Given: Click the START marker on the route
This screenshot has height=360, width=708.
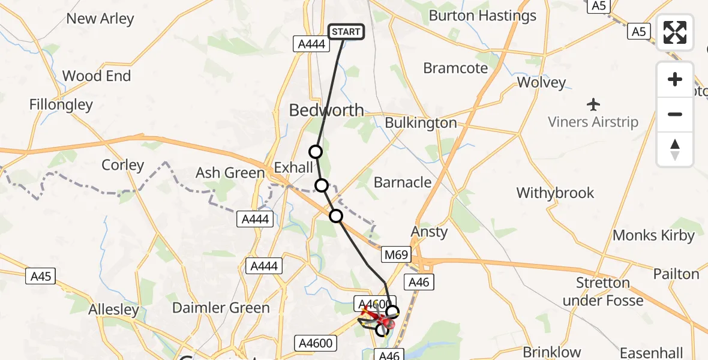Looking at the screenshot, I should tap(346, 32).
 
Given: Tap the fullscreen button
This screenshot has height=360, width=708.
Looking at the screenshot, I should tap(675, 32).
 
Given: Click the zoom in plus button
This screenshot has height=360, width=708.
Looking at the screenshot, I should tap(675, 80).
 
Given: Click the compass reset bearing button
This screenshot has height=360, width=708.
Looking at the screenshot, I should tap(675, 149).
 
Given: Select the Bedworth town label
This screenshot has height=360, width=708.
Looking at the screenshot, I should tap(326, 110).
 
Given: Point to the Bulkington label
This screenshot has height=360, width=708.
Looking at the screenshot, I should tap(421, 123).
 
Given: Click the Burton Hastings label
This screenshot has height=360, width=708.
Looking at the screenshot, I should tap(482, 16).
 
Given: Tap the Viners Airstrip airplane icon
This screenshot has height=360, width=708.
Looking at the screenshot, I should tap(594, 104).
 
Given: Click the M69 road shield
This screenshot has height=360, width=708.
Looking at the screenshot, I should tap(396, 255).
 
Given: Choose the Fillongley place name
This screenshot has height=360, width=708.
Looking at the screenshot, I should tap(61, 104).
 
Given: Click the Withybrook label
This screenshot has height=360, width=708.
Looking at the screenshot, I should tap(555, 193).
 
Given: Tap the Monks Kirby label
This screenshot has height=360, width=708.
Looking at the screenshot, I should tap(653, 235).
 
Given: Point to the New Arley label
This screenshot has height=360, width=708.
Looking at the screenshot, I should tap(100, 19).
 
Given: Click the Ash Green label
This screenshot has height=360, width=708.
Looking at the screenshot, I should tap(230, 173).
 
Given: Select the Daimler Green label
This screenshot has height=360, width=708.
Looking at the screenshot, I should tap(221, 308).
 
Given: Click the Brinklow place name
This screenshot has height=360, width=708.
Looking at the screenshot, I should tap(552, 352).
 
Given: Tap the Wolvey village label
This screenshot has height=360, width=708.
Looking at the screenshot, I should tap(541, 82).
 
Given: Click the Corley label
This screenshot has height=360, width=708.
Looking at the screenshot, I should tap(123, 165).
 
